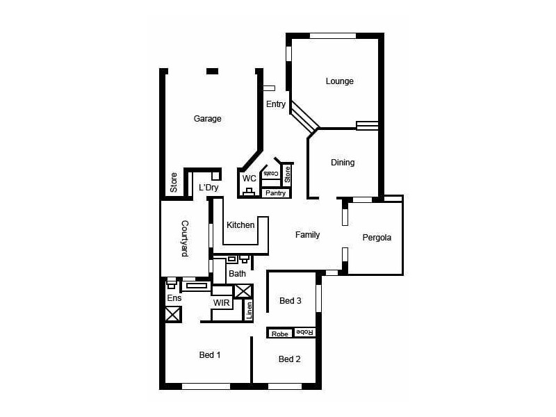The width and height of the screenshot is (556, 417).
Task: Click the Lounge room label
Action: (340, 81)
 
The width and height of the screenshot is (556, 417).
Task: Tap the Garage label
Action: (207, 119)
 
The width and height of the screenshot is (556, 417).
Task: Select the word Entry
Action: (276, 104)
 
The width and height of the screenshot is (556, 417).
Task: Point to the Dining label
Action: (343, 163)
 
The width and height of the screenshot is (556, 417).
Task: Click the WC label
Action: (249, 178)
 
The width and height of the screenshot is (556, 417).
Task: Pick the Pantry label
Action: (275, 193)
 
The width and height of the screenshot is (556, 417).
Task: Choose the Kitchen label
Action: (240, 225)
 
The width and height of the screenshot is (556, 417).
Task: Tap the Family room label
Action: (307, 235)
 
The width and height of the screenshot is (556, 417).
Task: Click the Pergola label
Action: (377, 238)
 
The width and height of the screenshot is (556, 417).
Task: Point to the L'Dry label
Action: (208, 188)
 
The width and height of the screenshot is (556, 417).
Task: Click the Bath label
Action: (238, 274)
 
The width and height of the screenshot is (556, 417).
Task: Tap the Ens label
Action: (173, 298)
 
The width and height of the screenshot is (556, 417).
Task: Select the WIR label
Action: (222, 303)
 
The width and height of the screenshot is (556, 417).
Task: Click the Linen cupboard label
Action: (249, 311)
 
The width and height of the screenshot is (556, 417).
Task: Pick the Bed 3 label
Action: (291, 301)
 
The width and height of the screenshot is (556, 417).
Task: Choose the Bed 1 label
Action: (210, 355)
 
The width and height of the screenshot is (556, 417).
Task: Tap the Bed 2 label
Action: (289, 359)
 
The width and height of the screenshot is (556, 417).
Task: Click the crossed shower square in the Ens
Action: (173, 314)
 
